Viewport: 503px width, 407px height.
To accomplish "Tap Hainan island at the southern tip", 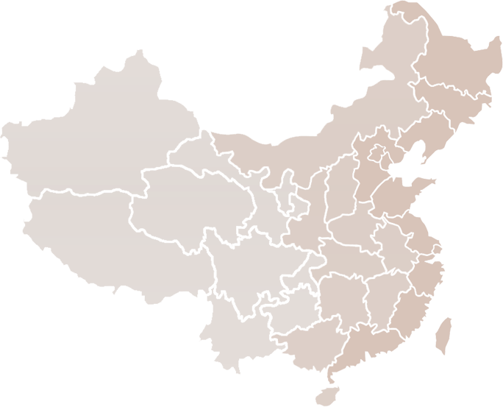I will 324,394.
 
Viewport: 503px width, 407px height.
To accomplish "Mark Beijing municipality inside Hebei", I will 377,155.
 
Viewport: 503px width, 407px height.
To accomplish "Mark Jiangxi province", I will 375,294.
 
